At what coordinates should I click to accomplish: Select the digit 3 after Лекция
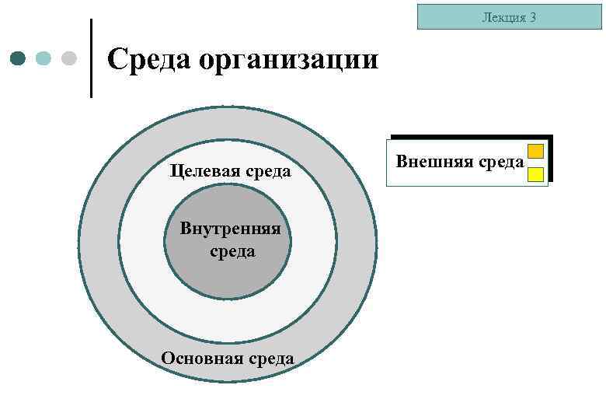click(x=533, y=16)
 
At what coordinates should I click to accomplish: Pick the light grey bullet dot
click(x=69, y=58)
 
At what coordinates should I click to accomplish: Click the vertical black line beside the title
click(x=92, y=58)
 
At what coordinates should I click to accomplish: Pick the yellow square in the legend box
click(x=535, y=174)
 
